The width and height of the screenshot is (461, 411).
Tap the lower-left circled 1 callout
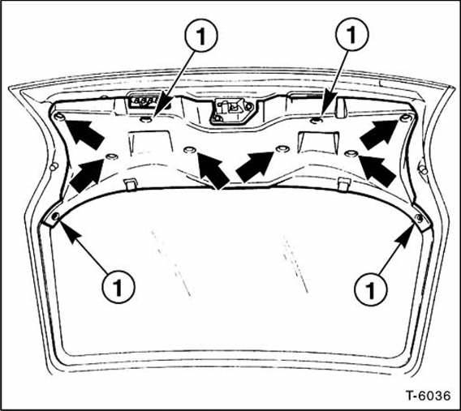tap(119, 285)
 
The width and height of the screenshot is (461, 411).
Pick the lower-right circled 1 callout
tap(369, 285)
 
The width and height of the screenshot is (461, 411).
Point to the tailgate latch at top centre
tap(226, 110)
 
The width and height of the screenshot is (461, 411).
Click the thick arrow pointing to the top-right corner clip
tap(378, 133)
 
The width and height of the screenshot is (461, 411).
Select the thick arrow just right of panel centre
tap(255, 165)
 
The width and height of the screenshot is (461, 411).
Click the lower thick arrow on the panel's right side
tap(376, 167)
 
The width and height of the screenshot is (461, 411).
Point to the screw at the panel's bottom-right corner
tap(418, 219)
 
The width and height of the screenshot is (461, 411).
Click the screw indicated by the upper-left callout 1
tap(146, 119)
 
